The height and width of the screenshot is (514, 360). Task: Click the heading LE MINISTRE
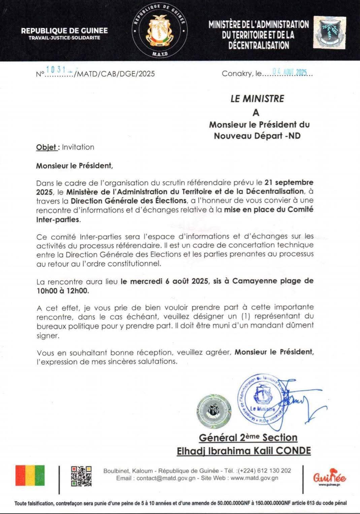(x=257, y=99)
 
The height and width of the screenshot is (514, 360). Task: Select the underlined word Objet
(x=46, y=147)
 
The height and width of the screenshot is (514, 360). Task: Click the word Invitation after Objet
(x=78, y=147)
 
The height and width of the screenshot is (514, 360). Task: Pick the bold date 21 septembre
(x=289, y=182)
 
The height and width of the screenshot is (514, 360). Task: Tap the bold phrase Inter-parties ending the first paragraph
(x=58, y=219)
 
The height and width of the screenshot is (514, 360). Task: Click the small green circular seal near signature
(x=214, y=411)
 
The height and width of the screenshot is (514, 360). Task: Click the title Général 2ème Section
(x=248, y=437)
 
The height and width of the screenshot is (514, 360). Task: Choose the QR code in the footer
(x=81, y=476)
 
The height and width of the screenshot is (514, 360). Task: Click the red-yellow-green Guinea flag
(x=30, y=476)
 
